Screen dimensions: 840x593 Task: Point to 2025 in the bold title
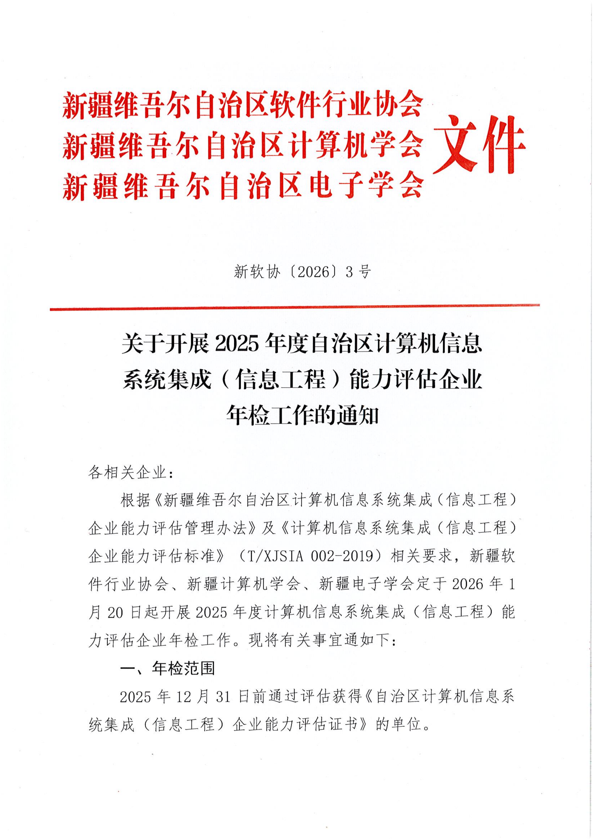click(x=234, y=345)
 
